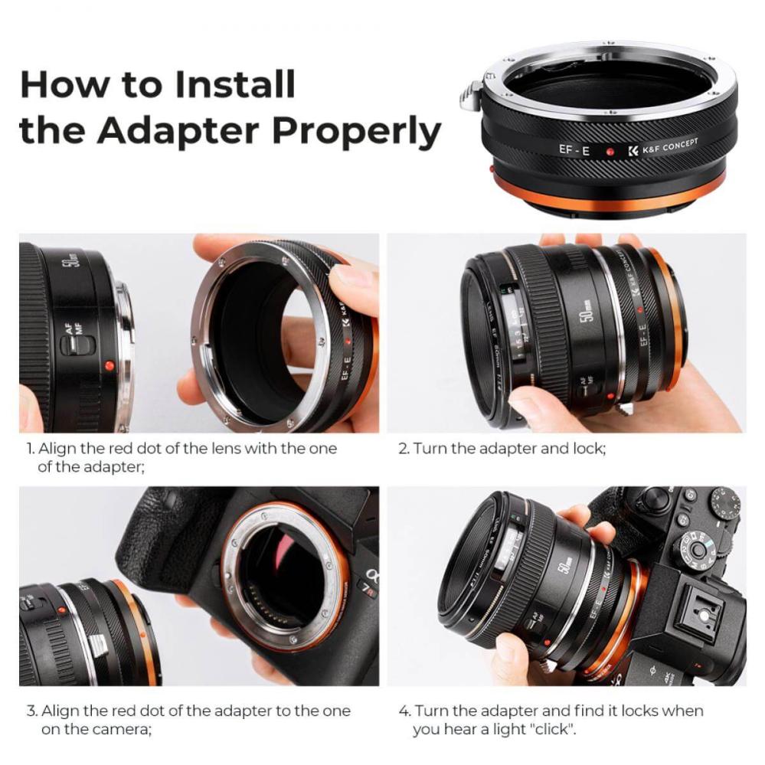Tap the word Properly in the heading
357,131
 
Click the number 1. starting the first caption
31,449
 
